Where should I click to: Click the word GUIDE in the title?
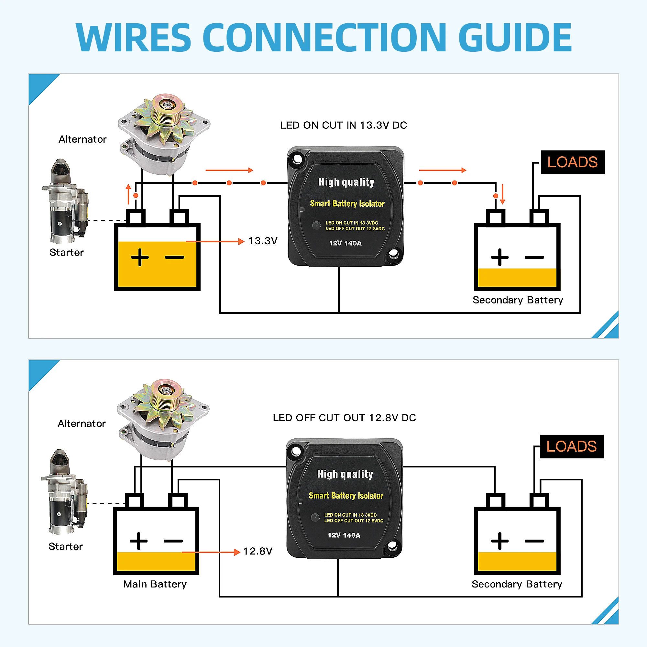click(515, 38)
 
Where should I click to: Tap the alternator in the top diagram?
click(164, 134)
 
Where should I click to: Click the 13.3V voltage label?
click(263, 241)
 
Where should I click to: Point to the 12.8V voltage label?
click(258, 552)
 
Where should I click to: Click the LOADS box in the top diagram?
click(572, 162)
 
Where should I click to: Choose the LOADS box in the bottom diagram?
click(571, 447)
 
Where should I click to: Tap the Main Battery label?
click(155, 584)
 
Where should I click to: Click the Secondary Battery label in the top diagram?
click(518, 300)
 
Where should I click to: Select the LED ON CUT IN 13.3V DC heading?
click(343, 125)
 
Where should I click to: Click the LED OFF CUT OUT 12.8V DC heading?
click(344, 418)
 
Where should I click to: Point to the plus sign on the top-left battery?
click(140, 258)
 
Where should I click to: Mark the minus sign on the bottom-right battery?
click(534, 541)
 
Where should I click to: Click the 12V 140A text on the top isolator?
click(345, 244)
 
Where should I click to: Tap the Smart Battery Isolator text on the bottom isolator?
click(346, 496)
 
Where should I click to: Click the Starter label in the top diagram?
click(66, 253)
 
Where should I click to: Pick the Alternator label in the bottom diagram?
click(82, 424)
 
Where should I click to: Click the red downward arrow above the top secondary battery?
click(502, 194)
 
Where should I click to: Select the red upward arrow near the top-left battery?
click(128, 194)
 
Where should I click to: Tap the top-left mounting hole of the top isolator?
click(297, 159)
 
